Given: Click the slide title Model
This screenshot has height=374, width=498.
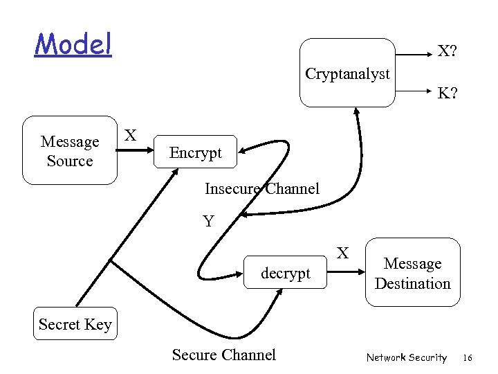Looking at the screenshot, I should point(73,44).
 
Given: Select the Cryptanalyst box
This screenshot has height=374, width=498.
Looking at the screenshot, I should point(347,73).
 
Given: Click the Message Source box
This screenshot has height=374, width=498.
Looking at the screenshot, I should point(70,151).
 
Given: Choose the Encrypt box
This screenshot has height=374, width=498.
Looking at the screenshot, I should point(196,152).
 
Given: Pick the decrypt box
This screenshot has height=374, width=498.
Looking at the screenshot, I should point(285,274).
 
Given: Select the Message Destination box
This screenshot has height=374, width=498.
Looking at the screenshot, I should point(413,273).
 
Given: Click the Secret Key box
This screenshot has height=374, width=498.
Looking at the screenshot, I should point(75,324).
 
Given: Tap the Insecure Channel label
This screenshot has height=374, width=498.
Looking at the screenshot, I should point(262,188).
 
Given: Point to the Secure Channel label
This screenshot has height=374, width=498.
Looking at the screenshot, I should point(223,355).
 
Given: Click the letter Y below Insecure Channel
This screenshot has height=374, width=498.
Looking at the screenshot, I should point(208,222).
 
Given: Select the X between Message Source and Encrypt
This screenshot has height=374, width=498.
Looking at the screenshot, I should point(129,134).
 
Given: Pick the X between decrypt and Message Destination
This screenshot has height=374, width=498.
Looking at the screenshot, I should point(342,253).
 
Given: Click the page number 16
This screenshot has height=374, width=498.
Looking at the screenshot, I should point(467,357).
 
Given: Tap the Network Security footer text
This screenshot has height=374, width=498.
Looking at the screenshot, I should point(407,357).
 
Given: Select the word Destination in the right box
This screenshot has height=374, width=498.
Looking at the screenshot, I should point(413,283).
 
